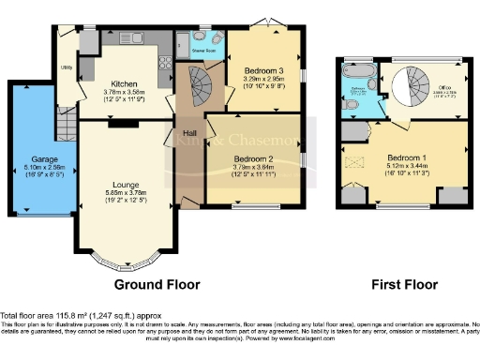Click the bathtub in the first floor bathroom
click(x=360, y=71)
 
